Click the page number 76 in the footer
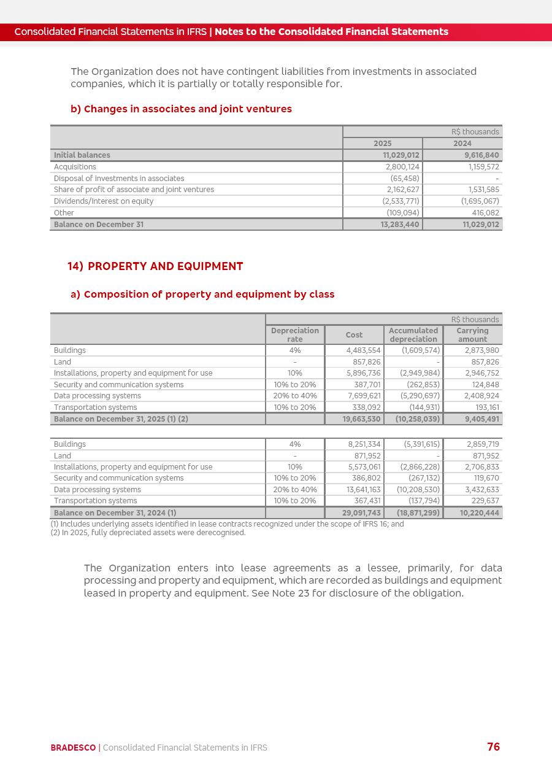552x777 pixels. pyautogui.click(x=493, y=747)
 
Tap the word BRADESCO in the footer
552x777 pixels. pyautogui.click(x=73, y=748)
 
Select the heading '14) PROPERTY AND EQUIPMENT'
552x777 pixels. pyautogui.click(x=155, y=266)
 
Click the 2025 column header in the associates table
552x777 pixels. pyautogui.click(x=382, y=144)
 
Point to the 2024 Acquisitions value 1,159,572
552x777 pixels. pyautogui.click(x=483, y=167)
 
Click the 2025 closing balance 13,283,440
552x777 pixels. pyautogui.click(x=399, y=225)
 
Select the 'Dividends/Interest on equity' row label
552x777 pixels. pyautogui.click(x=104, y=201)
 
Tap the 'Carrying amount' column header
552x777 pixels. pyautogui.click(x=472, y=334)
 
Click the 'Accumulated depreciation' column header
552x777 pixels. pyautogui.click(x=413, y=334)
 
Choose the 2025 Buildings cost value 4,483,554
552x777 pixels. pyautogui.click(x=363, y=350)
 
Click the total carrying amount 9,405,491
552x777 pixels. pyautogui.click(x=481, y=419)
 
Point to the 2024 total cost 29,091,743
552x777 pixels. pyautogui.click(x=361, y=512)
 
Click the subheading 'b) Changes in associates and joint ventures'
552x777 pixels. pyautogui.click(x=181, y=109)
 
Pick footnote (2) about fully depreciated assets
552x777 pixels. pyautogui.click(x=148, y=533)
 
